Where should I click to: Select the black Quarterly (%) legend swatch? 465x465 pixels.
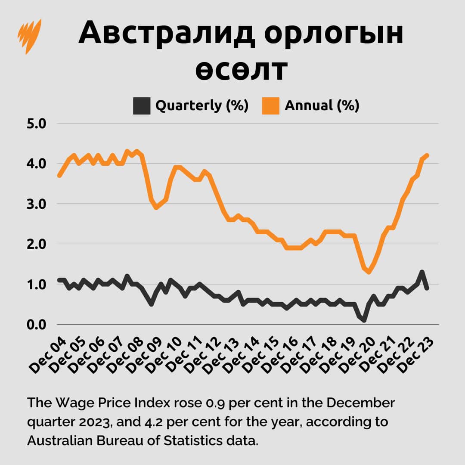click(x=142, y=105)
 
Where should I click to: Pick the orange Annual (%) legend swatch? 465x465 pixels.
click(x=271, y=105)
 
